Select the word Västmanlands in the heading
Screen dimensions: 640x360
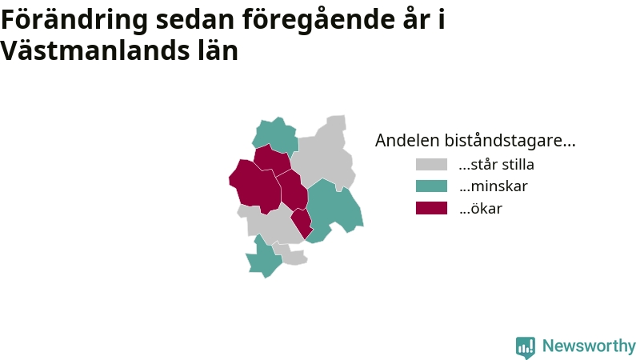click(x=95, y=50)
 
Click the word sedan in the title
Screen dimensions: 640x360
click(x=194, y=19)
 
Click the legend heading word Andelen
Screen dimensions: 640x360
click(x=407, y=141)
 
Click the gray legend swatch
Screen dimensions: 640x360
click(x=431, y=164)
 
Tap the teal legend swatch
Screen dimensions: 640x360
click(x=431, y=186)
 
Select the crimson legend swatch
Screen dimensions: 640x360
click(x=431, y=208)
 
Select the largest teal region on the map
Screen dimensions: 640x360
click(x=333, y=208)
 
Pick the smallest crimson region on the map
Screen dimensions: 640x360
click(x=302, y=222)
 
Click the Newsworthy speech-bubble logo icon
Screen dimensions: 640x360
click(x=526, y=347)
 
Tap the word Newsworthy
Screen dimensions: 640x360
click(x=589, y=346)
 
